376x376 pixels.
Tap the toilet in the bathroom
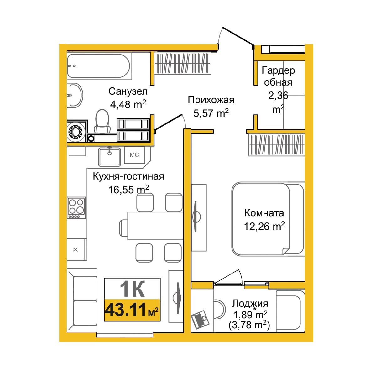102,121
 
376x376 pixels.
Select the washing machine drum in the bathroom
76,132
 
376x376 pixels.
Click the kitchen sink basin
109,156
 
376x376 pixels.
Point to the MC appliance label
134,155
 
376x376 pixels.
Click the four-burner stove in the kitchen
76,208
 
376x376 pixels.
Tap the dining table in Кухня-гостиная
155,226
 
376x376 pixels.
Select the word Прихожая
211,100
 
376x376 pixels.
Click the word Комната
264,213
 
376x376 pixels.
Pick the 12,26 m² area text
264,226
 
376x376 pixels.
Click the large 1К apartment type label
133,289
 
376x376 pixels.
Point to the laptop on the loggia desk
200,319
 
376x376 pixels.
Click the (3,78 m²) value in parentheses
249,325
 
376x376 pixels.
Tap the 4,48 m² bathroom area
128,104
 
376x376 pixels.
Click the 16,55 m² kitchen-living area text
128,189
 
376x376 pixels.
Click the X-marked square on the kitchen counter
76,249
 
